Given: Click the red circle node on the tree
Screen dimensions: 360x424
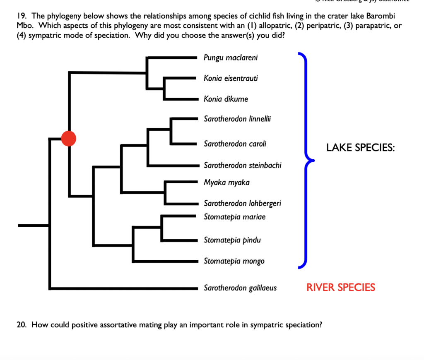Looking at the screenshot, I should [x=69, y=138].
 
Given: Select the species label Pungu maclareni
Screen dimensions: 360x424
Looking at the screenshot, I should [x=230, y=58].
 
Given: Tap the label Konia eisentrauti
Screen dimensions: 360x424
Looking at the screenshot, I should [x=231, y=78].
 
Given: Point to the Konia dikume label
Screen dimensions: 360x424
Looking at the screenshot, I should [x=226, y=99].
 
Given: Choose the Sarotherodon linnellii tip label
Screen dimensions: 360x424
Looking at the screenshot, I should [x=237, y=119].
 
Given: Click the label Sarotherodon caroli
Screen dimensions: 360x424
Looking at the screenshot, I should [x=235, y=144].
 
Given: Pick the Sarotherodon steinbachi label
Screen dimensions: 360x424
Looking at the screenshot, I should [x=242, y=165].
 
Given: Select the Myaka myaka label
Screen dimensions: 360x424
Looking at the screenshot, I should [x=226, y=182].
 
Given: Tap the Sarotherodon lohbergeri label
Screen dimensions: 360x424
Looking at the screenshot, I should [x=242, y=203].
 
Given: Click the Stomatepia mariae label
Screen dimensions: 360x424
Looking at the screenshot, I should [x=234, y=217].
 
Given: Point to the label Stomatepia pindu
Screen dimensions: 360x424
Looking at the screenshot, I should [x=232, y=240].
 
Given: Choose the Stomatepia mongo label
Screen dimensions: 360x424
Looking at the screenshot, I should [x=234, y=261].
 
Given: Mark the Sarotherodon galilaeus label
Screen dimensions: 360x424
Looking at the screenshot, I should [x=240, y=288].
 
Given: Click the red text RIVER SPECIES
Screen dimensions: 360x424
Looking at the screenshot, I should [x=341, y=288].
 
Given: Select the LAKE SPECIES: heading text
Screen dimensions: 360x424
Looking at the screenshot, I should [x=360, y=148].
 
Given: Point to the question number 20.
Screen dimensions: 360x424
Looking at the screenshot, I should [x=22, y=325].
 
